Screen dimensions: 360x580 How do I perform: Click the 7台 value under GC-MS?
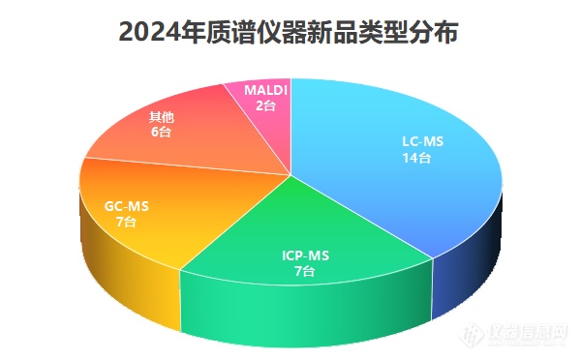(126, 222)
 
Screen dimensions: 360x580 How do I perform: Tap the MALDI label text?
(266, 89)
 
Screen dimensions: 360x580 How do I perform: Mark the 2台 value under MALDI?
(264, 105)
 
